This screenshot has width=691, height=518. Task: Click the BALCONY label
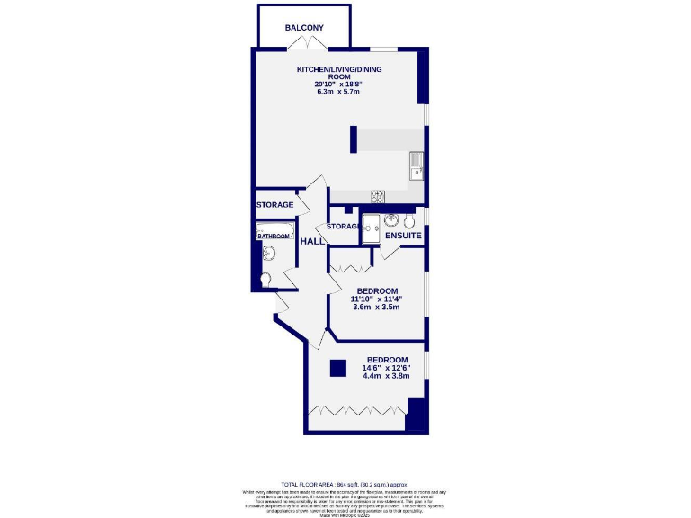click(304, 28)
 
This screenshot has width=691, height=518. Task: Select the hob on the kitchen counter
click(378, 196)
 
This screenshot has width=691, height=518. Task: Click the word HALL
click(311, 242)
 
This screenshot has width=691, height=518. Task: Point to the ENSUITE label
click(403, 236)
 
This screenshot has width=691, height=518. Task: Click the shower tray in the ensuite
click(371, 229)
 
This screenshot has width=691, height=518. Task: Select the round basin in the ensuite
click(391, 221)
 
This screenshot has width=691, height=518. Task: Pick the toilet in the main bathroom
click(264, 280)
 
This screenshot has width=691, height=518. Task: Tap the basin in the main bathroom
click(267, 254)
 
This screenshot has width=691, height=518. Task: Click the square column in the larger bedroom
click(337, 367)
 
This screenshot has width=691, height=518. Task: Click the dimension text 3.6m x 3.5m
click(374, 308)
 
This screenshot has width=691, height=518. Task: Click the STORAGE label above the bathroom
click(274, 205)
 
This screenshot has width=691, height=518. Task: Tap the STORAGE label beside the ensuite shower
click(343, 227)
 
